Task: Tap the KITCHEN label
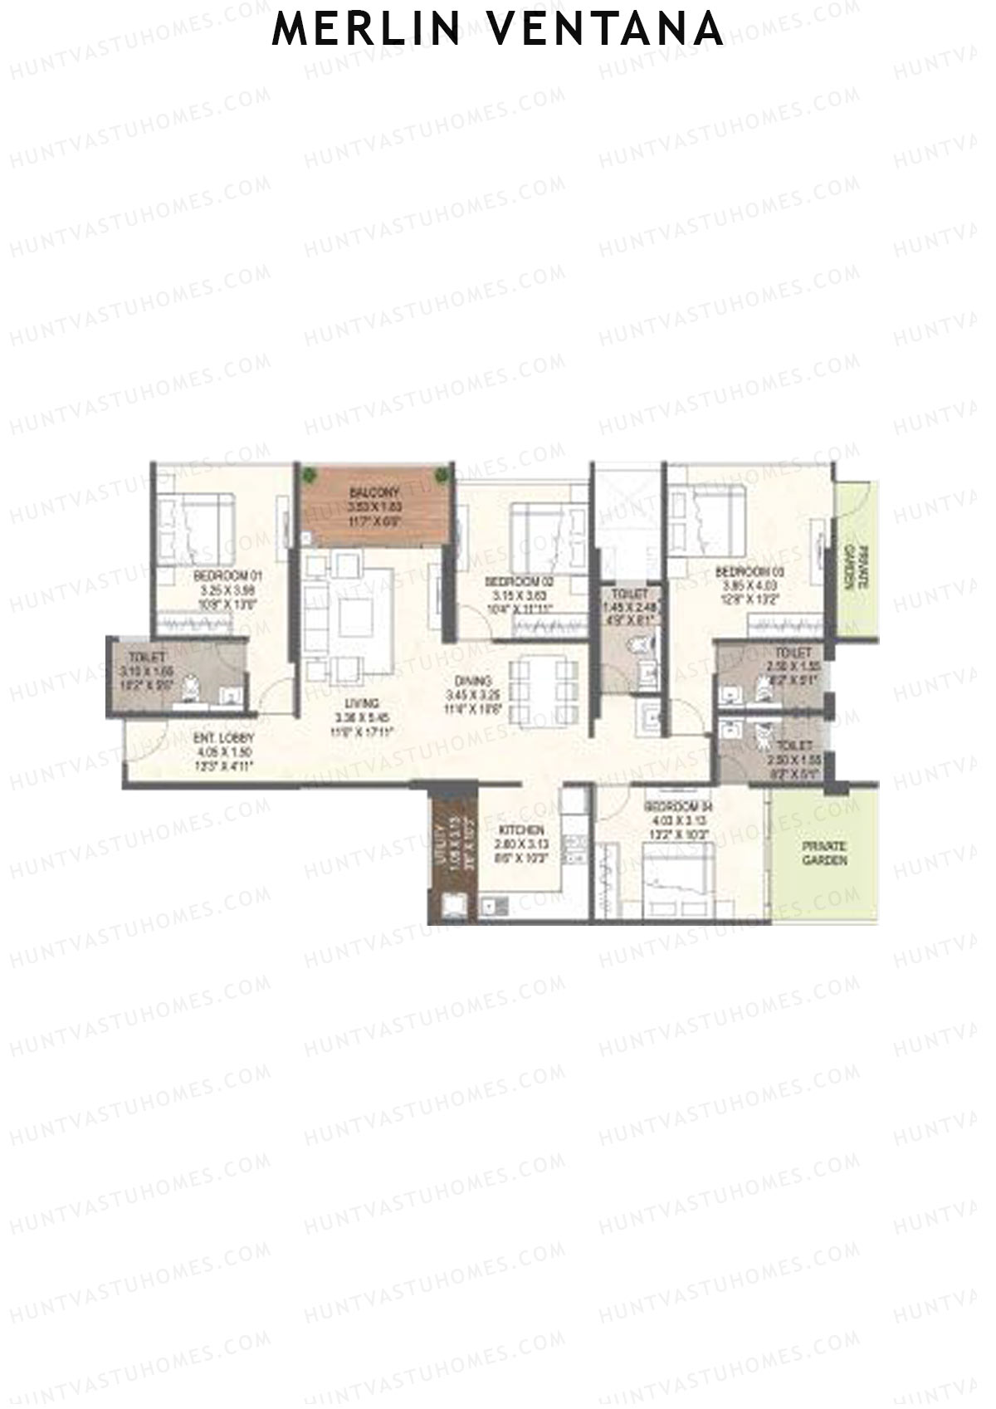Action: tap(521, 830)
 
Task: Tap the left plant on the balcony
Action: tap(310, 475)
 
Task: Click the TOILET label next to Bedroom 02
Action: tap(628, 594)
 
